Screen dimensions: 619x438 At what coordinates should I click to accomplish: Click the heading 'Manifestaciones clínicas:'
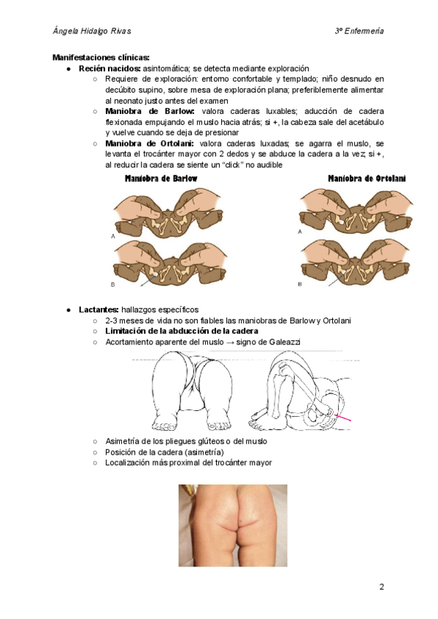[x=101, y=57]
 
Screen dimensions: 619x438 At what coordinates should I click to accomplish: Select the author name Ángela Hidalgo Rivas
[x=93, y=31]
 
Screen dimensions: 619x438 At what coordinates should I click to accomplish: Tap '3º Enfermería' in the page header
[x=359, y=31]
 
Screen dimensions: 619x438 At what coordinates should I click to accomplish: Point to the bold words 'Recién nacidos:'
[x=109, y=68]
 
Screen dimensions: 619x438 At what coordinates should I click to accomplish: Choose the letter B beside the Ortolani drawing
[x=300, y=283]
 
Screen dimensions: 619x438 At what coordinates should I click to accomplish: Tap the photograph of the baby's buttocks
[x=233, y=526]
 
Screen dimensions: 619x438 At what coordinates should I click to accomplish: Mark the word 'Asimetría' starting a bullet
[x=124, y=441]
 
